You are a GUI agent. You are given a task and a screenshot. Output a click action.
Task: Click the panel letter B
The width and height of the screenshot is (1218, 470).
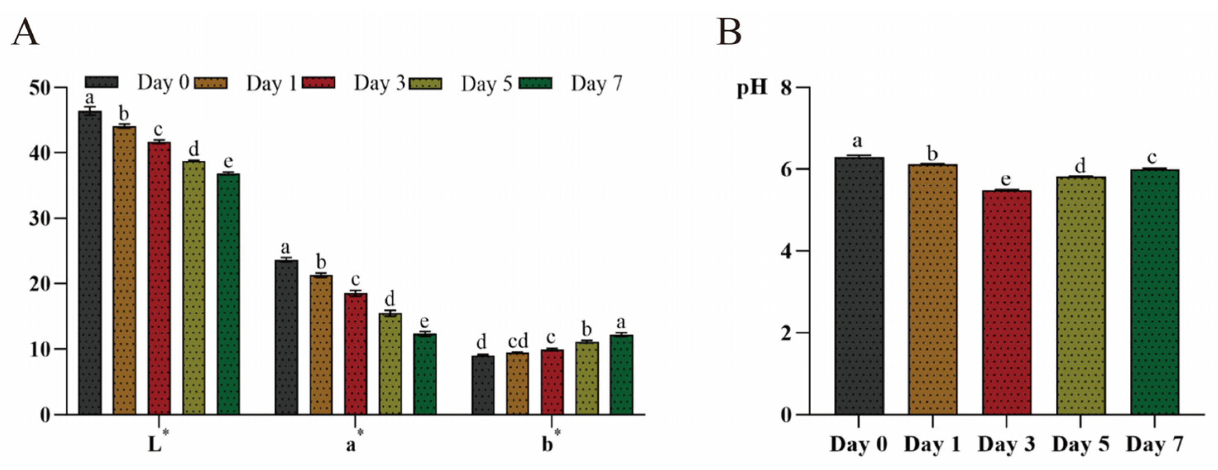pyautogui.click(x=729, y=32)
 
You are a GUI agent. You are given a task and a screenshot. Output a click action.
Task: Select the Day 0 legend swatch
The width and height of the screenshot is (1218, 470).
pyautogui.click(x=102, y=82)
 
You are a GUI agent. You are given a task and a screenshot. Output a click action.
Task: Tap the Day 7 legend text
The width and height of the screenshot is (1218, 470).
pyautogui.click(x=596, y=84)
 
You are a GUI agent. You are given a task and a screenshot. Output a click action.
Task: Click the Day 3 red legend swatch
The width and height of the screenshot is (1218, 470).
pyautogui.click(x=319, y=83)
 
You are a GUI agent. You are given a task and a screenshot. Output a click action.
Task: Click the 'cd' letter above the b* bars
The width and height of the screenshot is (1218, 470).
pyautogui.click(x=518, y=341)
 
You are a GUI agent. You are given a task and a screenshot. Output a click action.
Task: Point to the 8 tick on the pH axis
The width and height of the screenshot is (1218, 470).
pyautogui.click(x=786, y=88)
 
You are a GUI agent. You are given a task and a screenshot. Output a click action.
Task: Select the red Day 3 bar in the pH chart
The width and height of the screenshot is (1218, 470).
pyautogui.click(x=1006, y=303)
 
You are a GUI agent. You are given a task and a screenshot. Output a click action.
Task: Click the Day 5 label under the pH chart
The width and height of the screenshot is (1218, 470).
pyautogui.click(x=1081, y=445)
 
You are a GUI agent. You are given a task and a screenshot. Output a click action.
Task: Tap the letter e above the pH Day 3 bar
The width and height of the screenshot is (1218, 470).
pyautogui.click(x=1006, y=180)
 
